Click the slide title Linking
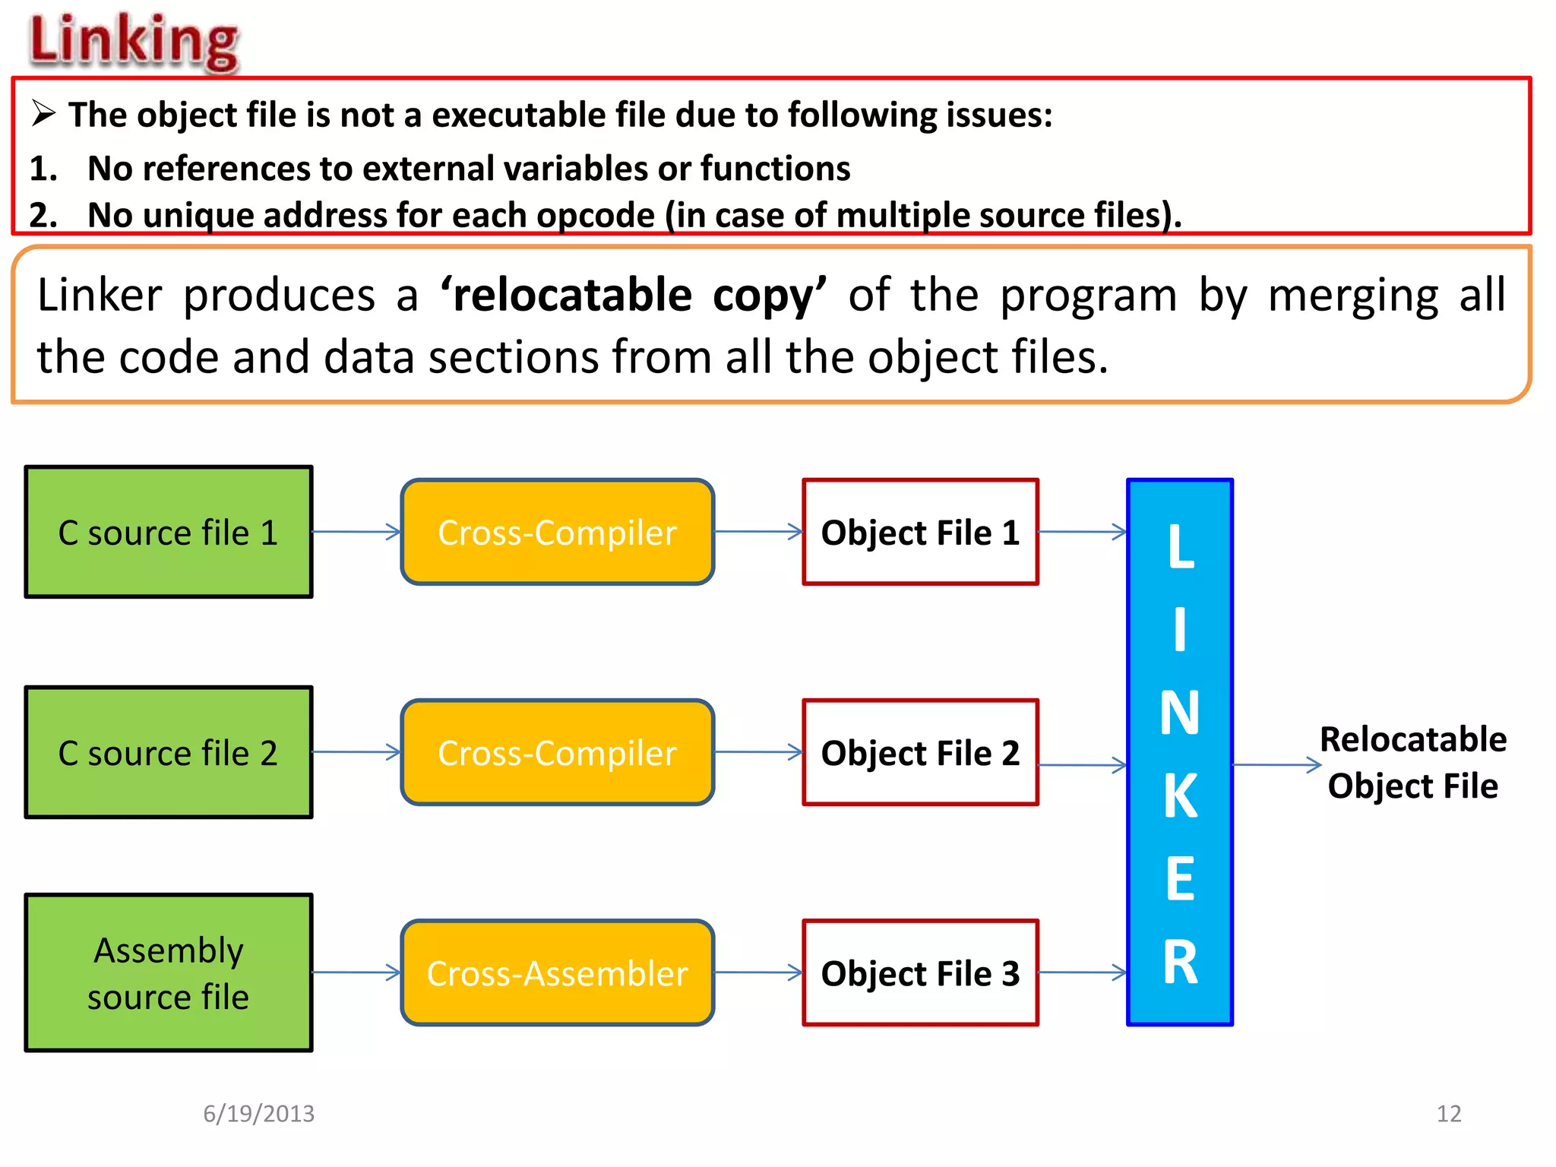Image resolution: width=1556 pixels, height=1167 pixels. coord(134,41)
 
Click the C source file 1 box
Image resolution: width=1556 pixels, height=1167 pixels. coord(169,532)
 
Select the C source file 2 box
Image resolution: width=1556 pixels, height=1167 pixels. coord(169,752)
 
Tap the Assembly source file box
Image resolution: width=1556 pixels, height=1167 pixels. coord(169,972)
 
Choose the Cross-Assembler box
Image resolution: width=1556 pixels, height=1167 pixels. coord(557,972)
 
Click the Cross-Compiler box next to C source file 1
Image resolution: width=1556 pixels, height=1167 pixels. coord(557,532)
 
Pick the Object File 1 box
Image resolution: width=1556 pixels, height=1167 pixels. coord(920,532)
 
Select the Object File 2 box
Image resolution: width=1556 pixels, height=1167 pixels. coord(920,752)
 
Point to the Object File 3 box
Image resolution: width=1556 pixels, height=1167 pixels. coord(920,972)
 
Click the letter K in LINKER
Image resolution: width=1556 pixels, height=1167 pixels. coord(1180,795)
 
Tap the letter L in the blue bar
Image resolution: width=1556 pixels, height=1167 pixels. coord(1180,546)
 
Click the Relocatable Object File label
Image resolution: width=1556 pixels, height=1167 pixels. coord(1412,762)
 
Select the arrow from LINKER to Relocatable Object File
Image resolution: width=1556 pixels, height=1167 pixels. coord(1276,765)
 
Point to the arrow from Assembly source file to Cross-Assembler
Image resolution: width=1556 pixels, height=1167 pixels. coord(356,972)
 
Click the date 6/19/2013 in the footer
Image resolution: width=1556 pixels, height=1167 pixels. coord(258,1113)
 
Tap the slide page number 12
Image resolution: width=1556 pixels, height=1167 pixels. coord(1448,1113)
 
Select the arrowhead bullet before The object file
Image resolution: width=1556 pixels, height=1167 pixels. coord(43,114)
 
